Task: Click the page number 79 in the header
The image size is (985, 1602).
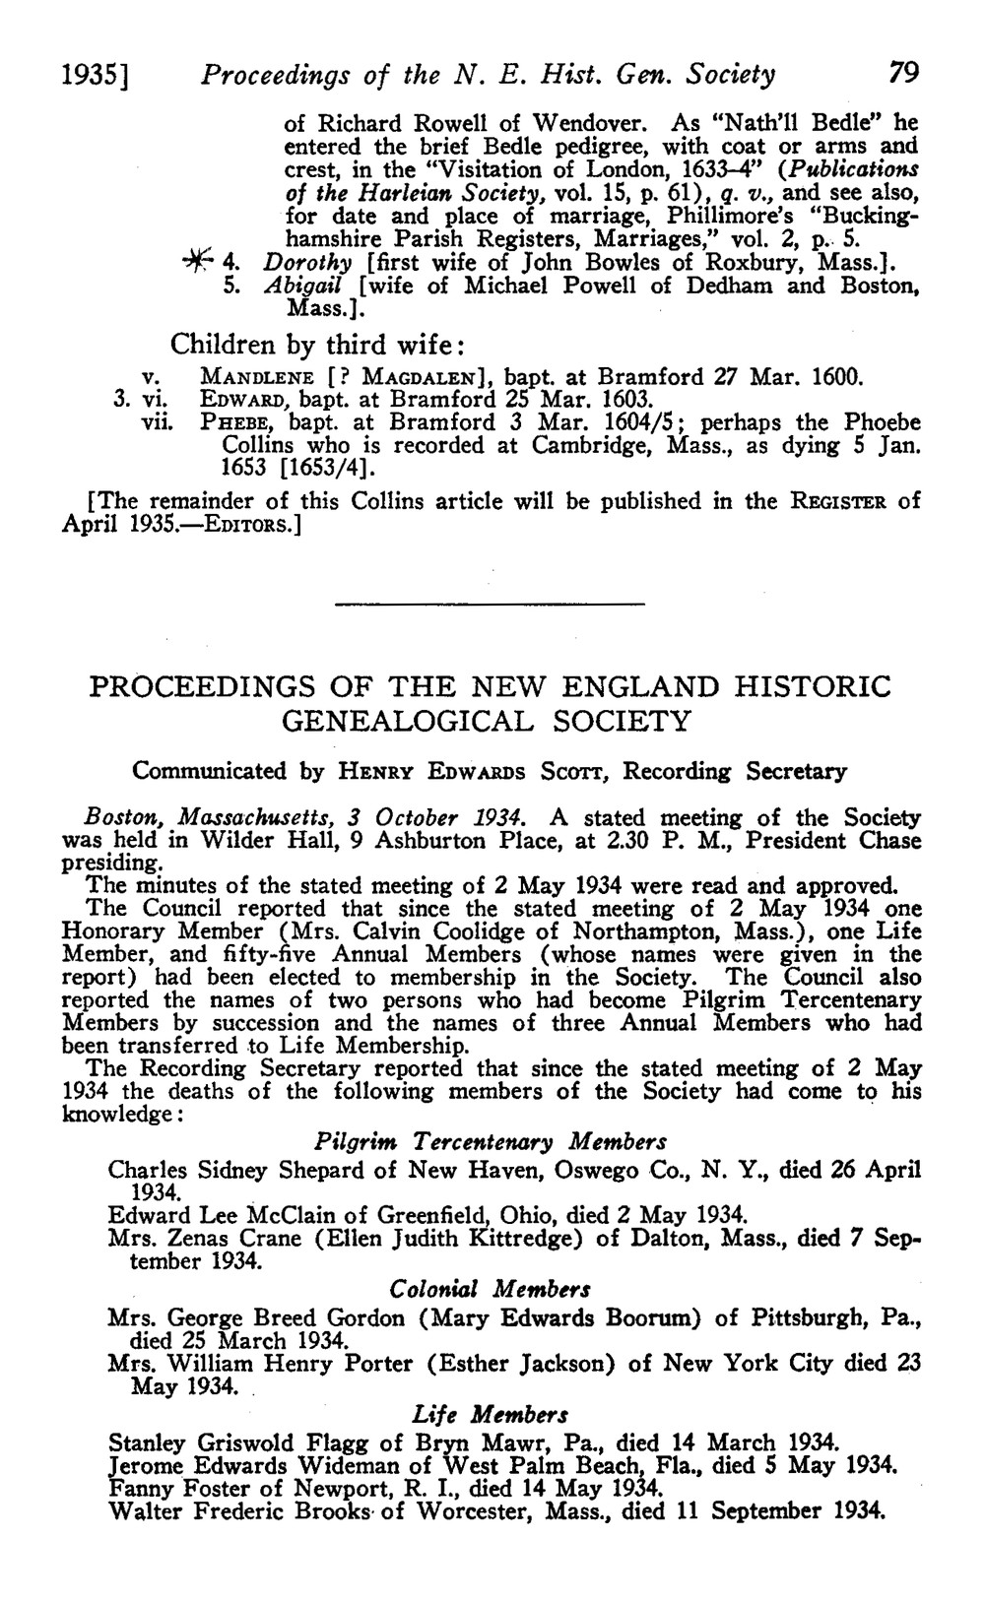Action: click(902, 73)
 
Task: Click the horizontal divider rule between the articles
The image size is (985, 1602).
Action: click(490, 603)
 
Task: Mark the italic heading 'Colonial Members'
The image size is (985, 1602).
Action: click(491, 1289)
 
